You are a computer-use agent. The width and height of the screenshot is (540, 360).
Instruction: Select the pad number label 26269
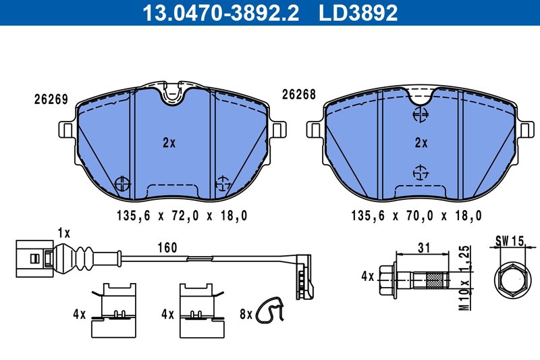point(51,99)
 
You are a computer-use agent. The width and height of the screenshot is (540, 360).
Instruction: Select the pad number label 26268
point(299,96)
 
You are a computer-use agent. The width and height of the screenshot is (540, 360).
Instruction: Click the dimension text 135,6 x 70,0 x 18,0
point(416,216)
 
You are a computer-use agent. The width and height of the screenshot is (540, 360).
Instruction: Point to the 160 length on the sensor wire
point(167,248)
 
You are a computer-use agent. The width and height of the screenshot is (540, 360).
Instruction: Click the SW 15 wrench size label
point(510,240)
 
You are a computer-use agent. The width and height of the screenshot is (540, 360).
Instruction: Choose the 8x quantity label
point(246,314)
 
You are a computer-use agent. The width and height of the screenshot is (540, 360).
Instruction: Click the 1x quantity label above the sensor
point(64,232)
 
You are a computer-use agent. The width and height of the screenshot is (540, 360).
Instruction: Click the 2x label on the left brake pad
point(169,143)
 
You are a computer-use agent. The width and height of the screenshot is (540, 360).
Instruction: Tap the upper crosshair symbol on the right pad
point(421,115)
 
